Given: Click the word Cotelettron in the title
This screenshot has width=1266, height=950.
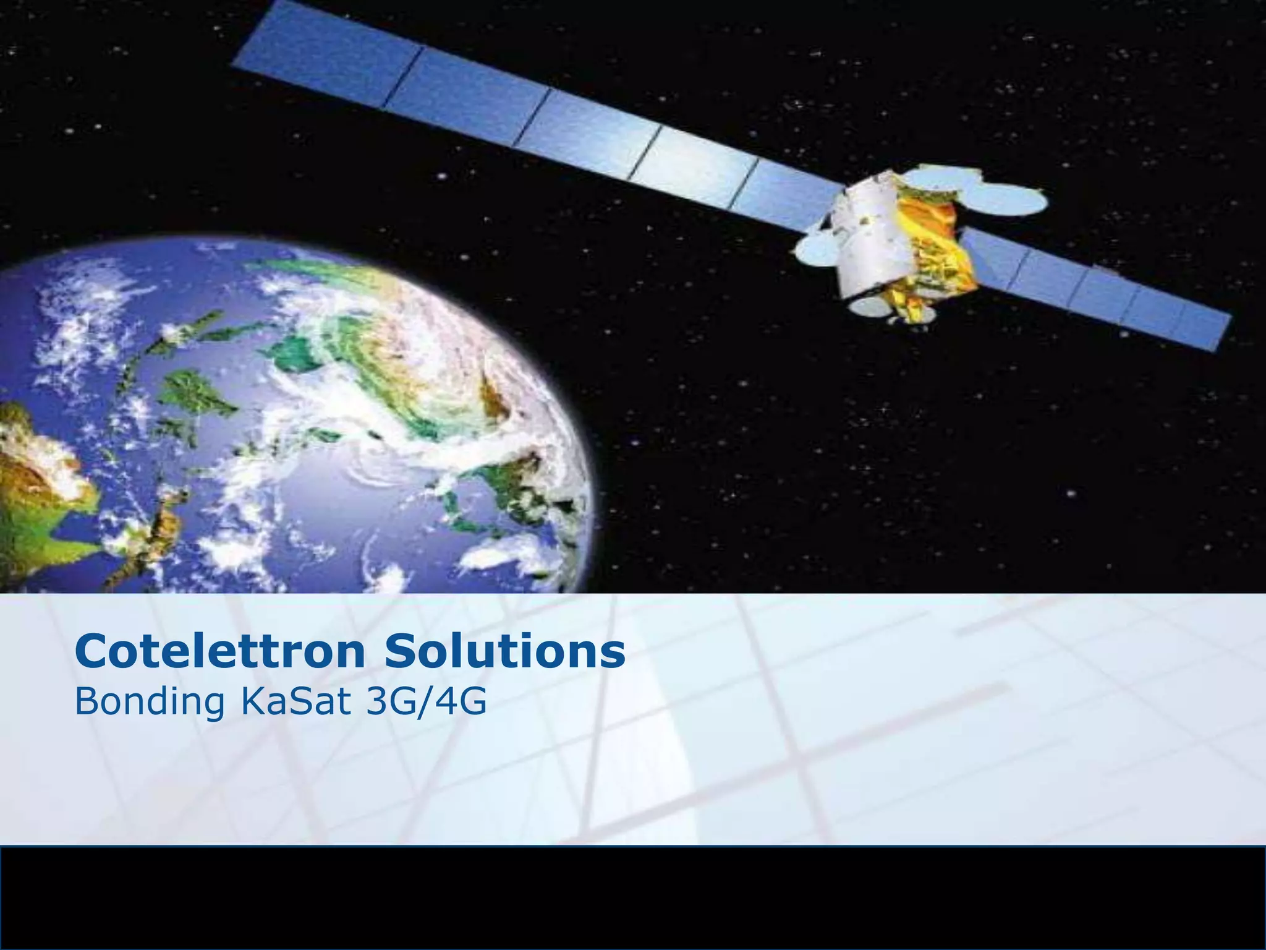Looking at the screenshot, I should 220,652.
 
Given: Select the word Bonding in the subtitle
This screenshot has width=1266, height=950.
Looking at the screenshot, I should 148,703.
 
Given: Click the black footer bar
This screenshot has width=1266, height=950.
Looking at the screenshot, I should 633,897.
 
